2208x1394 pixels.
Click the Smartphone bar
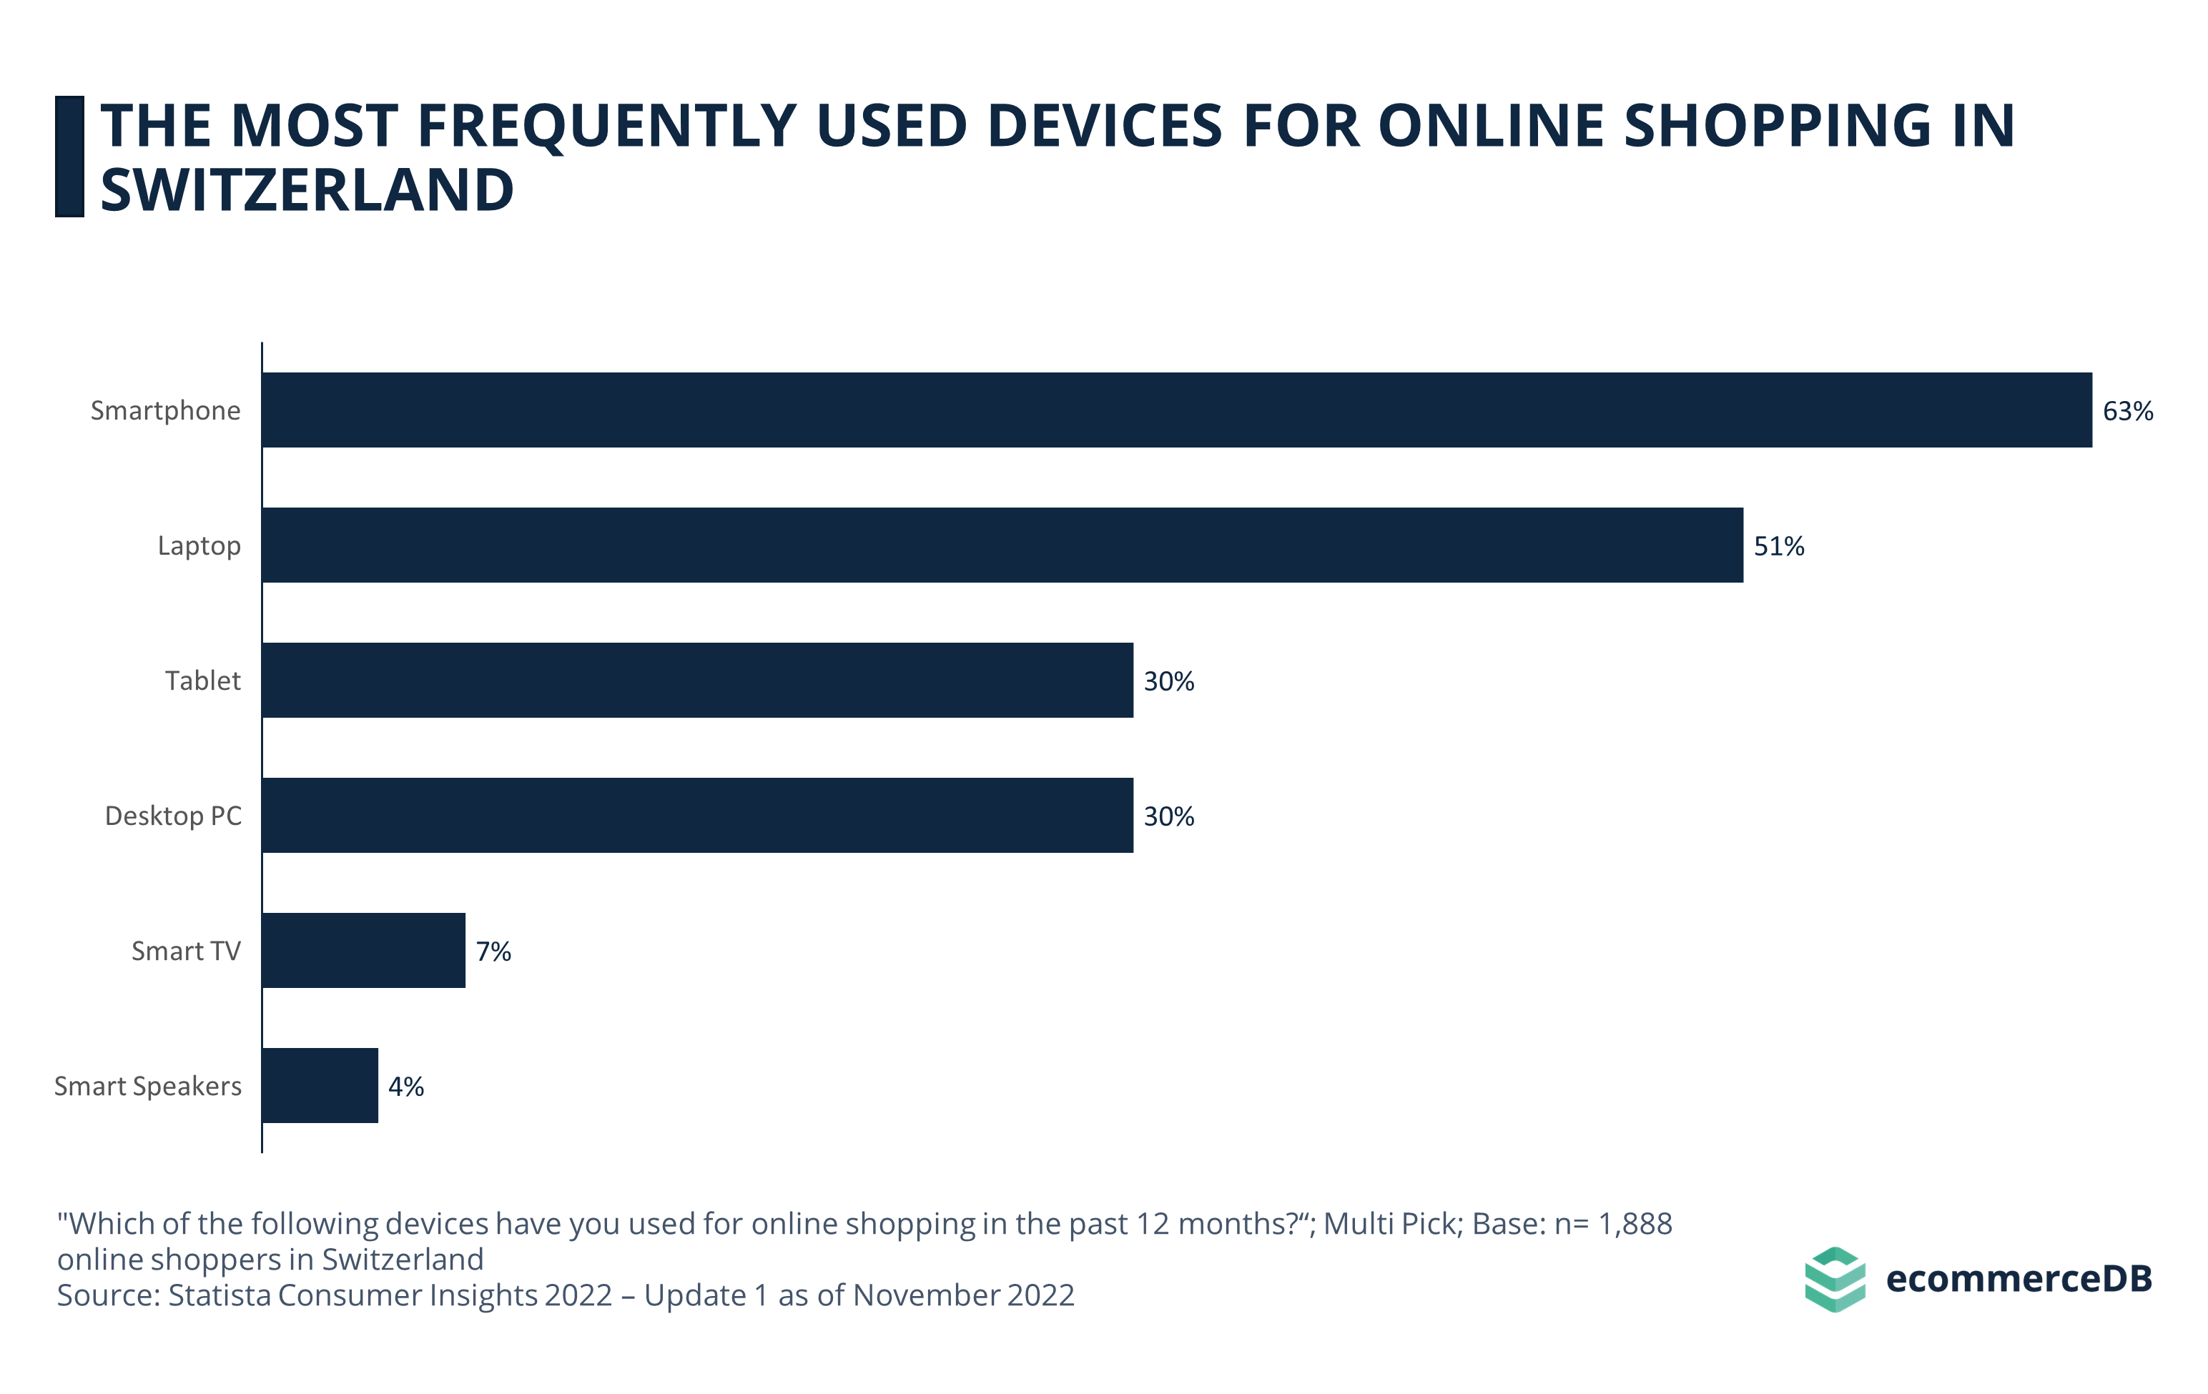click(1176, 410)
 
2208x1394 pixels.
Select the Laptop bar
click(1002, 545)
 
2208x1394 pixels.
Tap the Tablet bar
click(697, 680)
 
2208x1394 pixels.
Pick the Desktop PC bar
click(697, 815)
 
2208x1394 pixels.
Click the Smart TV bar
click(363, 950)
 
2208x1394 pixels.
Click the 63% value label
click(2127, 412)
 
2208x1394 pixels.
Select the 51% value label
click(1779, 546)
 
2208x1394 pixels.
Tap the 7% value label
click(493, 951)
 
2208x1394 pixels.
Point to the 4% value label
click(405, 1087)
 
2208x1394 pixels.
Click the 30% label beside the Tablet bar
click(1168, 682)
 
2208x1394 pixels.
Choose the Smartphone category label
click(165, 410)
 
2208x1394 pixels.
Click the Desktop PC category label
click(173, 816)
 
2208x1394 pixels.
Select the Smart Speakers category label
click(147, 1086)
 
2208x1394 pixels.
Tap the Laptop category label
click(199, 545)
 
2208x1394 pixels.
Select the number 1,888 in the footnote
click(1635, 1224)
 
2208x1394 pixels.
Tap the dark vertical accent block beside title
click(69, 157)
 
